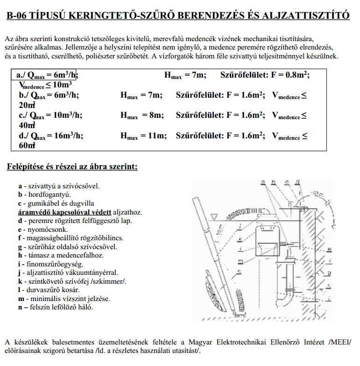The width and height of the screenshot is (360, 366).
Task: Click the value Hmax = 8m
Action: pyautogui.click(x=141, y=115)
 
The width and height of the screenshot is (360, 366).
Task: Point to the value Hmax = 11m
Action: pyautogui.click(x=143, y=136)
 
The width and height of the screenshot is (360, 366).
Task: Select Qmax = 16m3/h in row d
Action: pyautogui.click(x=54, y=136)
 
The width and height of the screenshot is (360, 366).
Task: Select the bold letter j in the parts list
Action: pyautogui.click(x=20, y=273)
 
